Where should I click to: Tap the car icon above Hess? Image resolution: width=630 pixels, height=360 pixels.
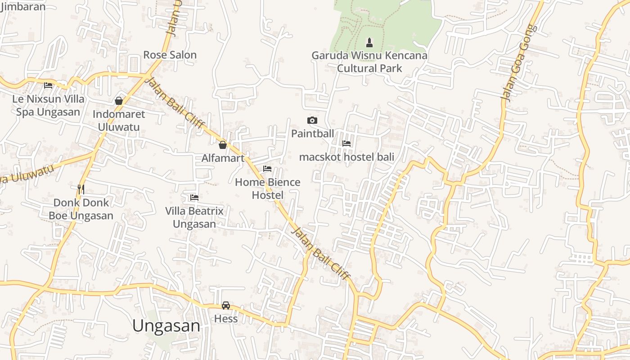[x=226, y=306]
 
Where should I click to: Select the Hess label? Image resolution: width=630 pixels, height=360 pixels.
[x=226, y=319]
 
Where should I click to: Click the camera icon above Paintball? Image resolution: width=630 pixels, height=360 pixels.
[x=312, y=120]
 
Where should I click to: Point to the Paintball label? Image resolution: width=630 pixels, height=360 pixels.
[x=313, y=134]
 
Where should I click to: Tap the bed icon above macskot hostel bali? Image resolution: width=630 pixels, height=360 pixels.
[x=346, y=144]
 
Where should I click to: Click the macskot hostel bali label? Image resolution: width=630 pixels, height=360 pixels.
[x=346, y=157]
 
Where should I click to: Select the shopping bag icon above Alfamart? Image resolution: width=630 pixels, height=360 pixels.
[x=222, y=145]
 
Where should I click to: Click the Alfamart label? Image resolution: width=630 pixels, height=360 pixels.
[x=223, y=158]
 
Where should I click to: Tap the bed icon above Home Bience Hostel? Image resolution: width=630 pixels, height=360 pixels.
[x=267, y=169]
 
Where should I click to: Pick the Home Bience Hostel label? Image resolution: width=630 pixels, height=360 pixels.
[x=268, y=189]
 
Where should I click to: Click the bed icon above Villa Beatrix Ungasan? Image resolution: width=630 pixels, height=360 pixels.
[x=194, y=197]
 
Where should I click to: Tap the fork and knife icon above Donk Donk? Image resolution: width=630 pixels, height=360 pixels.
[x=81, y=189]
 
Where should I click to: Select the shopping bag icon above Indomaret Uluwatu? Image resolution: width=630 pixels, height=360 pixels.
[x=119, y=101]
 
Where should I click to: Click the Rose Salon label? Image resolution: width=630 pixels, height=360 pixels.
[x=170, y=55]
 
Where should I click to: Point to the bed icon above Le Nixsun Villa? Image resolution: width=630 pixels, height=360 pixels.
[x=48, y=85]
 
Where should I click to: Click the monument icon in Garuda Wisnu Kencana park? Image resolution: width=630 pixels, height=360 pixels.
[x=369, y=43]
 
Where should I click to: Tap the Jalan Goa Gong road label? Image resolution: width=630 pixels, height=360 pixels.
[x=519, y=63]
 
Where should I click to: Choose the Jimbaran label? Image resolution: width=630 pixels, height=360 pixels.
[x=23, y=7]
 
